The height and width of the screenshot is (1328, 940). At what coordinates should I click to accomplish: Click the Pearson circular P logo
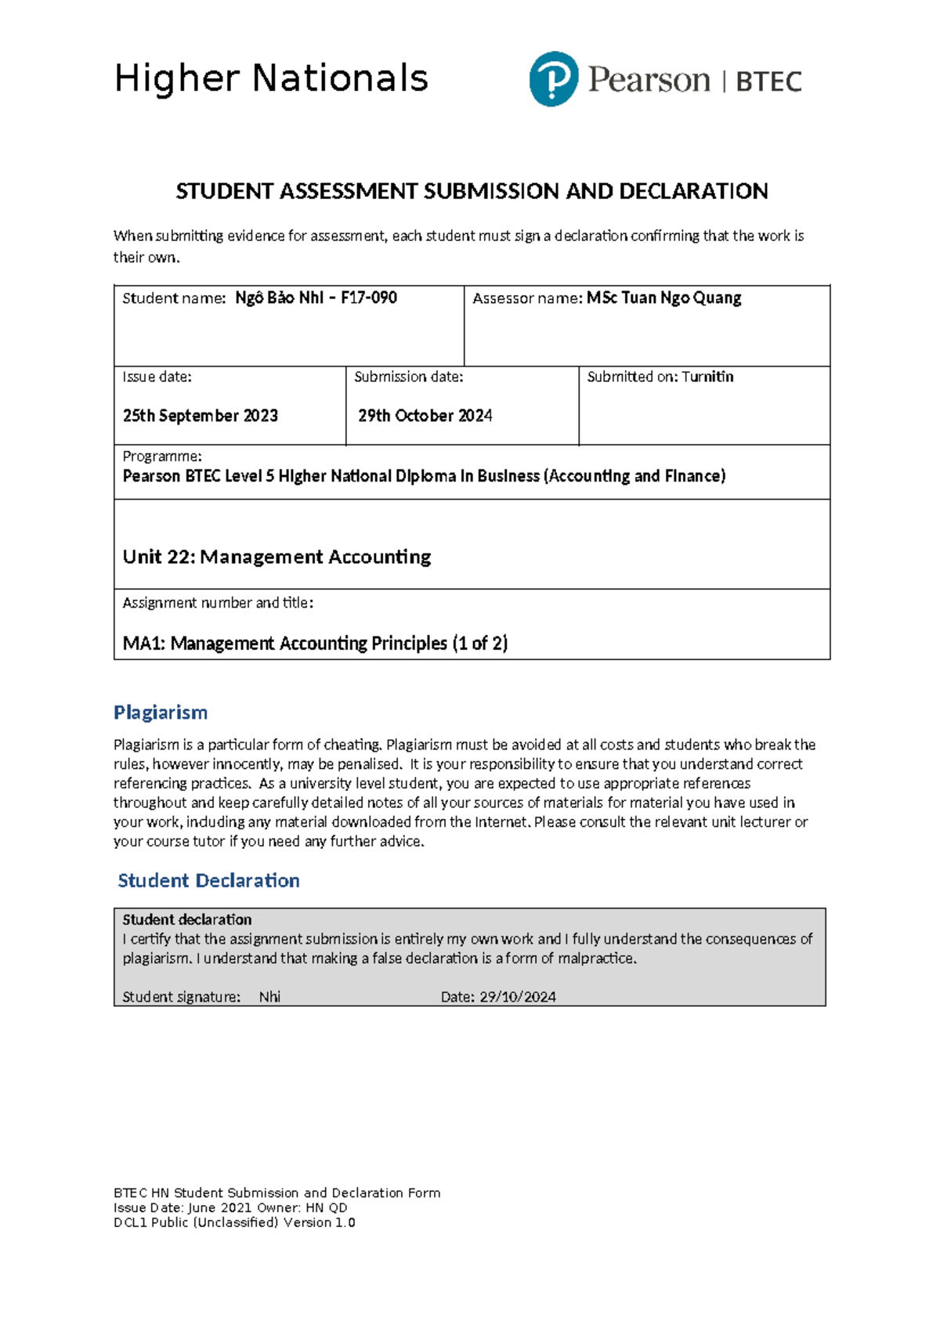(554, 79)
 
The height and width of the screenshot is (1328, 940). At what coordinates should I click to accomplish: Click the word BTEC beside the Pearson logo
(768, 81)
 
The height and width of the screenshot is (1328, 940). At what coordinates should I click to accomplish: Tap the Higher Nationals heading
(271, 78)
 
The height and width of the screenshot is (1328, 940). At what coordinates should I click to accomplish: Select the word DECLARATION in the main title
(693, 191)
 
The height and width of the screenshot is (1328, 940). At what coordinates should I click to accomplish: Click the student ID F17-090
(369, 298)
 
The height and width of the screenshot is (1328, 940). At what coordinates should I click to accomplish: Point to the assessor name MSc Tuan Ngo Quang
(663, 298)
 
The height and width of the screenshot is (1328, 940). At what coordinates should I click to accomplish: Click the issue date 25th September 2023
(201, 416)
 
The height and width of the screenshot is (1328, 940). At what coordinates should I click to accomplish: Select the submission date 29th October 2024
(425, 416)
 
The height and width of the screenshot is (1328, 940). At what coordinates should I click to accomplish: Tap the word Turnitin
(707, 377)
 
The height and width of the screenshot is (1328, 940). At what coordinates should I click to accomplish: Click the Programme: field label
(162, 456)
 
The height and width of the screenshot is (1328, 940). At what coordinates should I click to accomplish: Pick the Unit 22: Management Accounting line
(277, 557)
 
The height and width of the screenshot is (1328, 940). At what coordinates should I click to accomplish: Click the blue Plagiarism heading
(161, 712)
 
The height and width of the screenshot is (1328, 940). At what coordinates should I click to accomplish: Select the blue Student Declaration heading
(208, 880)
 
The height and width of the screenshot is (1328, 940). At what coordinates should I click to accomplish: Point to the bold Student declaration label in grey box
(187, 919)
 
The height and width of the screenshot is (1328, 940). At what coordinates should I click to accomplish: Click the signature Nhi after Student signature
(269, 997)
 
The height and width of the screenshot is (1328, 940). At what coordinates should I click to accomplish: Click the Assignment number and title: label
(218, 602)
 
